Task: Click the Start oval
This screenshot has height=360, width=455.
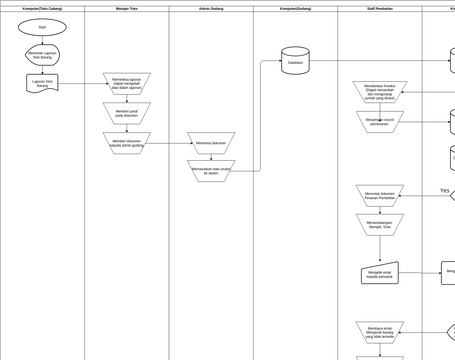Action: coord(42,27)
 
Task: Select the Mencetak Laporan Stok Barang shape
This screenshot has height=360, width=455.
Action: coord(42,55)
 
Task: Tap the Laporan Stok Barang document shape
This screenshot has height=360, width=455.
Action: coord(42,83)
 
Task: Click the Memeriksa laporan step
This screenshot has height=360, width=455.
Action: coord(127,84)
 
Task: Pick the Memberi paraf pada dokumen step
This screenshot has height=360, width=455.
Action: coord(127,113)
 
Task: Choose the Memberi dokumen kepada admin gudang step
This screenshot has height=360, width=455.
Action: coord(127,143)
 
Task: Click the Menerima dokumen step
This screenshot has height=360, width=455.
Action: coord(211,143)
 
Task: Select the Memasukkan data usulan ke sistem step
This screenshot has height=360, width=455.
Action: coord(211,171)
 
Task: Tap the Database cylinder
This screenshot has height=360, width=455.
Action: coord(295,61)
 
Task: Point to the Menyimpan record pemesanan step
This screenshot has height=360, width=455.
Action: coord(380,122)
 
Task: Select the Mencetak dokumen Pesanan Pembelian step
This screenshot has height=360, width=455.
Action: coord(380,196)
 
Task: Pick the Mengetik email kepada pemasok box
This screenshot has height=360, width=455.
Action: coord(380,273)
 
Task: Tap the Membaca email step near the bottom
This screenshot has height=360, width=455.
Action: coord(380,332)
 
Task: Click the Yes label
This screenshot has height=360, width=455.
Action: coord(445,191)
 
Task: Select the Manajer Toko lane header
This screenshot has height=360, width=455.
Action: coord(127,8)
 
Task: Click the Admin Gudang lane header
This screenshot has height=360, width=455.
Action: coord(211,8)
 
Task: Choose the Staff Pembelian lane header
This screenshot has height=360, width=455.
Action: coord(380,8)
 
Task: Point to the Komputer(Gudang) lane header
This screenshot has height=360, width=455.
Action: coord(295,8)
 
